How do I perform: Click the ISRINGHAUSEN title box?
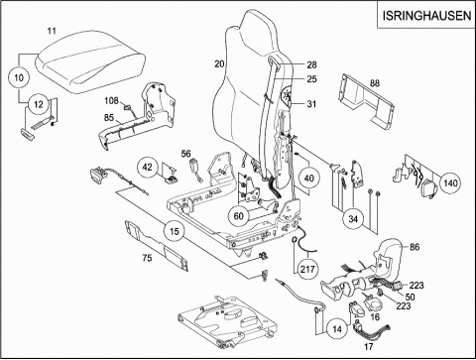tap(426, 15)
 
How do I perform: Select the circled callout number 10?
tap(19, 77)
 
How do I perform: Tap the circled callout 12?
tap(39, 104)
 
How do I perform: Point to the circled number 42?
tap(148, 167)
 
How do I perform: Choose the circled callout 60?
tap(238, 216)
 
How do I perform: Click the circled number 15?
tap(174, 231)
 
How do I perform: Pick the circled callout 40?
tap(308, 179)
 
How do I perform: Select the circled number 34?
tap(353, 219)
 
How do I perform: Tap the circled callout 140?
tap(450, 182)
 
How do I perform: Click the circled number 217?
tap(307, 269)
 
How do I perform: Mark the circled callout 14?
tap(337, 329)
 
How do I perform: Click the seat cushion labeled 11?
tap(90, 61)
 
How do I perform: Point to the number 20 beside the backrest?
tap(219, 63)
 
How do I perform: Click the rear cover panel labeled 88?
tap(366, 100)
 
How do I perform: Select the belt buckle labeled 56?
tap(194, 170)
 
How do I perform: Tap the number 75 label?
tap(147, 258)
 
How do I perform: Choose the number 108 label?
tap(111, 100)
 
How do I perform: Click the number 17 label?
tap(368, 346)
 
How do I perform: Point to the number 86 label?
tap(415, 247)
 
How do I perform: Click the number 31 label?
tap(311, 104)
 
